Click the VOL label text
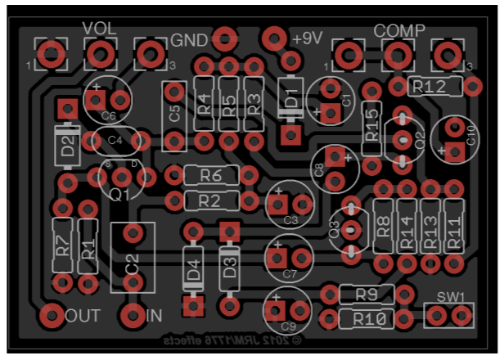pyautogui.click(x=100, y=29)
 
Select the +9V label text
pyautogui.click(x=308, y=38)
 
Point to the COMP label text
pyautogui.click(x=399, y=30)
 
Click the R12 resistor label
pyautogui.click(x=427, y=86)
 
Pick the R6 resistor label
pyautogui.click(x=211, y=175)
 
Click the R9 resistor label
pyautogui.click(x=366, y=294)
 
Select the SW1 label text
pyautogui.click(x=450, y=296)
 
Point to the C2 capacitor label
pyautogui.click(x=133, y=263)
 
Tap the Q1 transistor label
pyautogui.click(x=120, y=195)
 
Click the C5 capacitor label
pyautogui.click(x=174, y=115)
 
